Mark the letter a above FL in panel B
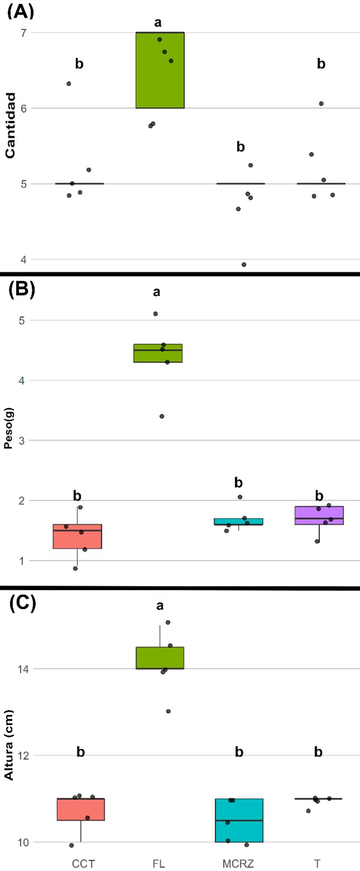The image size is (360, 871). point(158,292)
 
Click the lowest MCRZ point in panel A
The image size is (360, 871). point(244,265)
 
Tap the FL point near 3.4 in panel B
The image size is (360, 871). point(162,416)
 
